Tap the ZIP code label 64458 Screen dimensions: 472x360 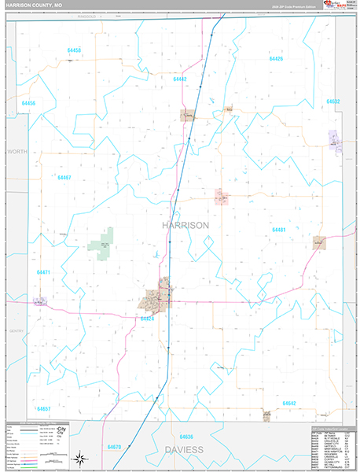coord(75,50)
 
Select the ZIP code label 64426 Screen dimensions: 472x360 coord(276,59)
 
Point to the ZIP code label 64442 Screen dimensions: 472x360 coord(180,79)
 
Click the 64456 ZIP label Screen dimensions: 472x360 coord(29,103)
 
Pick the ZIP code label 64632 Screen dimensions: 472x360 coord(332,101)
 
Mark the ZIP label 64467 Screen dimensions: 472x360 coord(64,178)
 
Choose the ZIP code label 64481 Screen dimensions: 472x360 coord(278,230)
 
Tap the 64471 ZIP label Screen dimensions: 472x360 coord(43,272)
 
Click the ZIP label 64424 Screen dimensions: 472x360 coord(147,319)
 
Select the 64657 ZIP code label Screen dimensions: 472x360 coord(43,409)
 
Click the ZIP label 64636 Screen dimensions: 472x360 coord(186,436)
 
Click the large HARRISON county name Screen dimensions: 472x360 coord(186,224)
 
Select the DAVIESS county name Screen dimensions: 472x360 coord(188,450)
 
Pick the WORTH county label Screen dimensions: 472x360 coord(17,150)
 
